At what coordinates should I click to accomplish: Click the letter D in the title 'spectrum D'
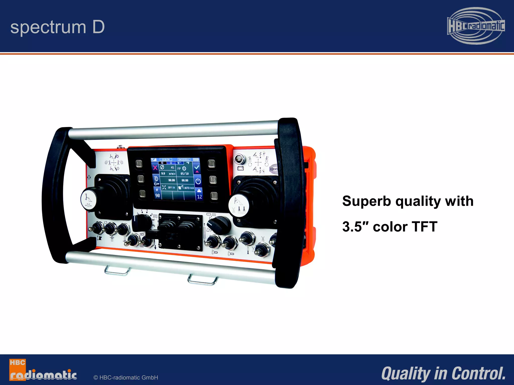[x=98, y=27]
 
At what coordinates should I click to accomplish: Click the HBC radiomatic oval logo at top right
[x=476, y=26]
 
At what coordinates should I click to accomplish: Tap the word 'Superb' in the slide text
[x=366, y=201]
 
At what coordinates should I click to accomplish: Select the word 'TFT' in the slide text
[x=424, y=227]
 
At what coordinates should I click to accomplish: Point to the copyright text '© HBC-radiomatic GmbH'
[x=126, y=377]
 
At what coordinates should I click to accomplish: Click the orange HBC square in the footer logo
[x=17, y=363]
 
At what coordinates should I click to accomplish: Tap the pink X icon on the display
[x=155, y=168]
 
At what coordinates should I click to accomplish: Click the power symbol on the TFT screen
[x=198, y=181]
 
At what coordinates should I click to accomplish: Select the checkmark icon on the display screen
[x=197, y=167]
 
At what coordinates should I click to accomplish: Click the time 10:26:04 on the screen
[x=166, y=160]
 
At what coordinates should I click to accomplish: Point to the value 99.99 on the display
[x=172, y=180]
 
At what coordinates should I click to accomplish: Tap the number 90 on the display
[x=157, y=196]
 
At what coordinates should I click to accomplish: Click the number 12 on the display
[x=199, y=197]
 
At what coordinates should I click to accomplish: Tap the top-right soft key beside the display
[x=211, y=164]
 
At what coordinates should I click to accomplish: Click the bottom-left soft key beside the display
[x=142, y=194]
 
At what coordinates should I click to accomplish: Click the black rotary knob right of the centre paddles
[x=219, y=225]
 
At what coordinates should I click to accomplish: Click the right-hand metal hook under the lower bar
[x=203, y=280]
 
